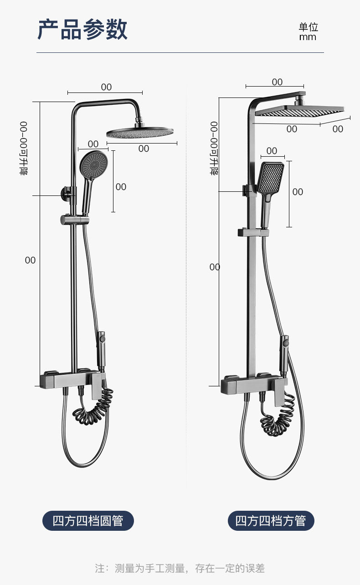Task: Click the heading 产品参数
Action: [82, 29]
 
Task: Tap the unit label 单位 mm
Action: [308, 31]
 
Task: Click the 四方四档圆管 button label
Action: [88, 520]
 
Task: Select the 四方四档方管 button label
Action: [271, 520]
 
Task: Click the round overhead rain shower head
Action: [140, 132]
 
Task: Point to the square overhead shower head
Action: [300, 110]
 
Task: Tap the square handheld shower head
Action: [271, 178]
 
